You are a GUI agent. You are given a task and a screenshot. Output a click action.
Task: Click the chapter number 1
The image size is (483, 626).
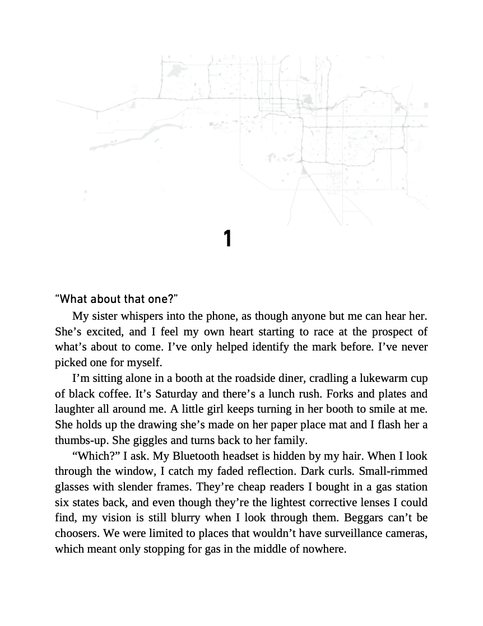tap(227, 239)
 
